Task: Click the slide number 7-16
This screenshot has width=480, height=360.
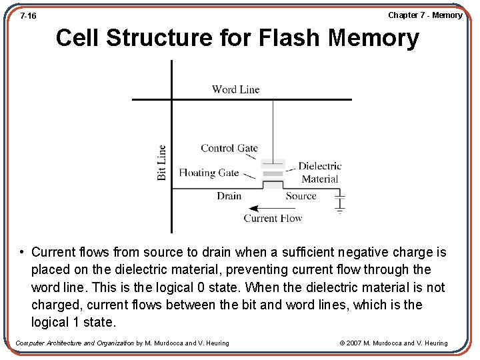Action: click(x=28, y=15)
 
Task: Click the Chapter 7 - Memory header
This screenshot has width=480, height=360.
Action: click(x=425, y=15)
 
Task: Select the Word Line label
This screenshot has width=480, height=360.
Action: click(x=235, y=89)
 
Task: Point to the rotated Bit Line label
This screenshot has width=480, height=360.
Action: click(x=162, y=163)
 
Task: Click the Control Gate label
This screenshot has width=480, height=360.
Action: click(x=229, y=148)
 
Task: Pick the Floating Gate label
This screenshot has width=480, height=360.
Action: click(x=209, y=173)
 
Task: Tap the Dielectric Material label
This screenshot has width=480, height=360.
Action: click(x=320, y=172)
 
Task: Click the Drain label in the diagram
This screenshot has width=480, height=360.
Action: click(x=229, y=196)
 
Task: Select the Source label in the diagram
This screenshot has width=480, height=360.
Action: click(x=301, y=196)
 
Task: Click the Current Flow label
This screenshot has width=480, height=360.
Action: click(x=273, y=218)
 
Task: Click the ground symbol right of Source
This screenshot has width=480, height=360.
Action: click(x=340, y=204)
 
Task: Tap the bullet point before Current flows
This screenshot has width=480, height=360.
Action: click(x=22, y=253)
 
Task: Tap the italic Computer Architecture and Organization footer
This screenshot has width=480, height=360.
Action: click(x=75, y=343)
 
